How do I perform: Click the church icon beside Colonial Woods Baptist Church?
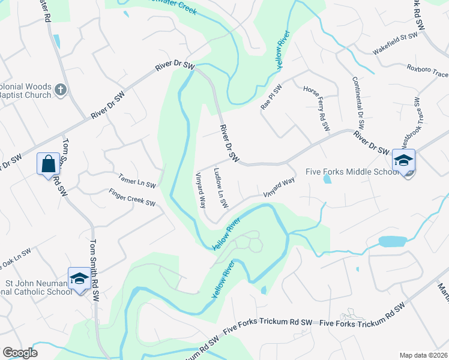pos(60,90)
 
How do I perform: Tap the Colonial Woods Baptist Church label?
pos(24,90)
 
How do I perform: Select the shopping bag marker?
pos(48,163)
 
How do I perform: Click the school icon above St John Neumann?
pos(79,278)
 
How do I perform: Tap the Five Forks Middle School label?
pos(352,172)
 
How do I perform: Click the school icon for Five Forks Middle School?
pos(403,161)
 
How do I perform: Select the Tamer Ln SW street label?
pos(137,181)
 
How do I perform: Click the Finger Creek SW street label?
pos(132,199)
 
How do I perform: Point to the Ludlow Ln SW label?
pos(220,188)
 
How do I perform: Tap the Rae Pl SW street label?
pos(271,95)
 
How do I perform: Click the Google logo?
pos(20,353)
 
